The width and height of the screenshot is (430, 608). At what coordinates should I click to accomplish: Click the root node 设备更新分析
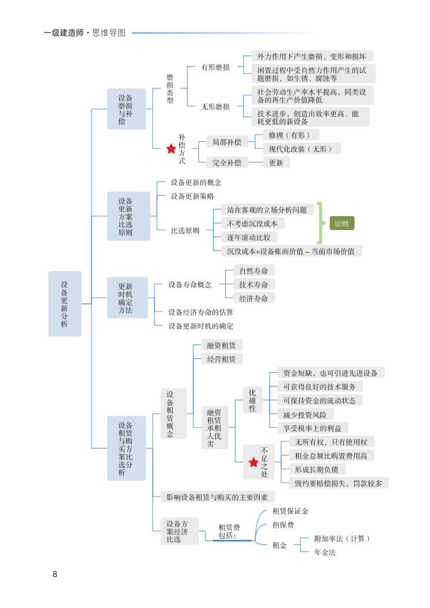coord(65,303)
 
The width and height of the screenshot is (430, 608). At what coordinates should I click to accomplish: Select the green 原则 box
coord(341,224)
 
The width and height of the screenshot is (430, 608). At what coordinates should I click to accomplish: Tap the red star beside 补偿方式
coord(171,149)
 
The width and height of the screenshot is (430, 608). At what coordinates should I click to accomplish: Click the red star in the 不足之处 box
coord(253,462)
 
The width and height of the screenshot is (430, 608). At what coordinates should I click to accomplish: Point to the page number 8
coord(55,574)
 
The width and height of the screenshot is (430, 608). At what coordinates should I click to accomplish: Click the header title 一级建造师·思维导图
coord(84,33)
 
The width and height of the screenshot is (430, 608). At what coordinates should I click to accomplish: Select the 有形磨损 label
coord(215,67)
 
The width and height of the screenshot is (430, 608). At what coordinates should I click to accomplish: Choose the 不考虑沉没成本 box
coord(253,223)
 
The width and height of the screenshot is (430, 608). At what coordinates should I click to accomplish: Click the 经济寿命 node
coord(253,298)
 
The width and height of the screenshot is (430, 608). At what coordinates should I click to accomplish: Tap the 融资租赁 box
coord(222,345)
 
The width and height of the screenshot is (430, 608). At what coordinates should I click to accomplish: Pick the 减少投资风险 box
coord(305,414)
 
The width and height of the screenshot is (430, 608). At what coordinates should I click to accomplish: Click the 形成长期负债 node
coord(316,469)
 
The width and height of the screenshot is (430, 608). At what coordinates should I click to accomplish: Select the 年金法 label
coord(325,553)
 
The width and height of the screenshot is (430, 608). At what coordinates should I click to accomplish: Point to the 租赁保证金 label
coord(291,511)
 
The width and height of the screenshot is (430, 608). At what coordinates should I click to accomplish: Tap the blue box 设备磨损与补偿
coord(126,109)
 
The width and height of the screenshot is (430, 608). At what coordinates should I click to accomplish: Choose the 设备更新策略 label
coord(192,196)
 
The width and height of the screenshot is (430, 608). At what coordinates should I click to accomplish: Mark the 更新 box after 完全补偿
coord(276,163)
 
